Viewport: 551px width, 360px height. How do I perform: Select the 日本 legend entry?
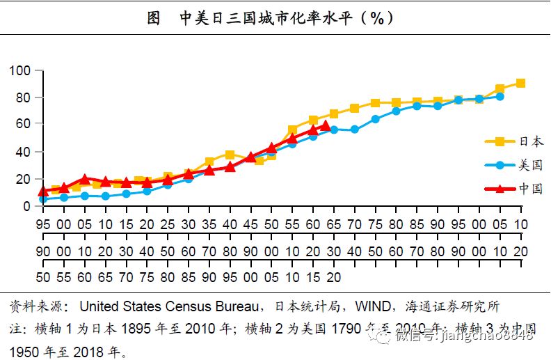tap(532, 141)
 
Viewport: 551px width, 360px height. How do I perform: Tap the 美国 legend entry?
tap(532, 165)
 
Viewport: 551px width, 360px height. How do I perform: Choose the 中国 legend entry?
tap(532, 189)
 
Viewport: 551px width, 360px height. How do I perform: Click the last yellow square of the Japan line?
tap(520, 84)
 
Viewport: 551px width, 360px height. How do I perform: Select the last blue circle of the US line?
tap(500, 96)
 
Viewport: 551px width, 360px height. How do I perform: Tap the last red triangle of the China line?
tap(325, 126)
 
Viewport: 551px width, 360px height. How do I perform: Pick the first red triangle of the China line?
tap(43, 191)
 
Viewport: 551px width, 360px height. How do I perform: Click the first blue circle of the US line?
tap(43, 199)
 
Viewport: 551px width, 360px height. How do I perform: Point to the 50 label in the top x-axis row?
tap(271, 224)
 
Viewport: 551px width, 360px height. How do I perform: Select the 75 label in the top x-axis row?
tap(375, 224)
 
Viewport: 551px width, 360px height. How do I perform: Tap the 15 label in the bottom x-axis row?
tap(313, 277)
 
